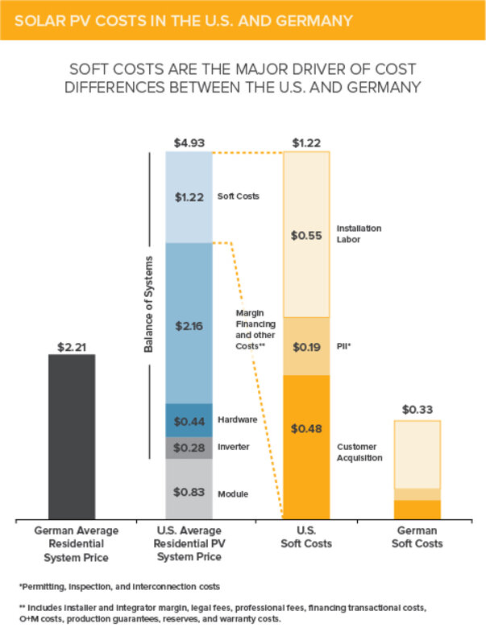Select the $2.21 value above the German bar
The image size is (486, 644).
(72, 347)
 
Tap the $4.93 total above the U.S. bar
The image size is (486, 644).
(189, 144)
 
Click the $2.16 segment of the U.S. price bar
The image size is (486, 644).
(189, 327)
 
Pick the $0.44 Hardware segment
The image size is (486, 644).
(189, 420)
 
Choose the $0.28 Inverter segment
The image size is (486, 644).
(189, 448)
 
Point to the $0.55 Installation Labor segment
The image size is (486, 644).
(306, 235)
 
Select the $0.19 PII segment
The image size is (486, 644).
(306, 347)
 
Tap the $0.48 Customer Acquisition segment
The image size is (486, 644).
(306, 451)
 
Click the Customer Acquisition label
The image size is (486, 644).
(359, 451)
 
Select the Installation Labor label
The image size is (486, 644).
(359, 233)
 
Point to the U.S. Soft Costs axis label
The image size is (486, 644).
(306, 537)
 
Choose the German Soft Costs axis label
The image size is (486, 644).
(417, 537)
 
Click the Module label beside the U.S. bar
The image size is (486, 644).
(233, 493)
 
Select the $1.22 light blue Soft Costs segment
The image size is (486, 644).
(189, 196)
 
